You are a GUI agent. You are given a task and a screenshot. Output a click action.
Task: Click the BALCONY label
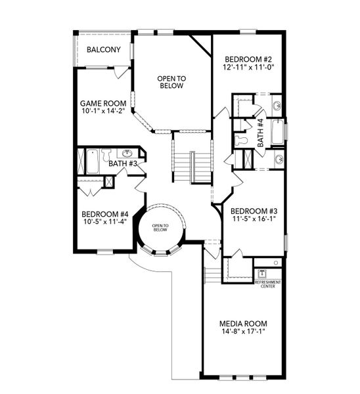click(104, 49)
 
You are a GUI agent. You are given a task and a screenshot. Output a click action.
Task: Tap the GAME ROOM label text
click(103, 103)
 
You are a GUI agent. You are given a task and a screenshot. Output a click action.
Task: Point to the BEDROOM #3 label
click(255, 211)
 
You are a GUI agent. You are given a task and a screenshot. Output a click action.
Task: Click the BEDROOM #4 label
click(104, 214)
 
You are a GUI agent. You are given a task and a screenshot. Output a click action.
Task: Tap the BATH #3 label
click(122, 164)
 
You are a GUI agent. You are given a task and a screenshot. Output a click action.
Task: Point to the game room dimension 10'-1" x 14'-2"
click(103, 112)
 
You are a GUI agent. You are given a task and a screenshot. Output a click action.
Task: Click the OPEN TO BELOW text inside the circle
click(160, 228)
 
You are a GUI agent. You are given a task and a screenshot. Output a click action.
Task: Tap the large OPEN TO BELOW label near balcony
click(171, 82)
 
